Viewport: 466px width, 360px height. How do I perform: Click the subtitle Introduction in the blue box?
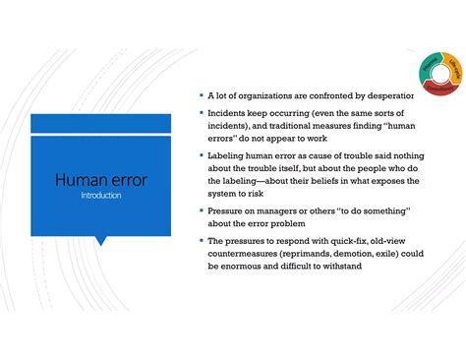coord(101,196)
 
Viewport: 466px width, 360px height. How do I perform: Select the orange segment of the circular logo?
coord(453,69)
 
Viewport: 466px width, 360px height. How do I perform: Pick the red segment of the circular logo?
coord(440,90)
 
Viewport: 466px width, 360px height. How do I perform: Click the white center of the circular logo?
coord(439,76)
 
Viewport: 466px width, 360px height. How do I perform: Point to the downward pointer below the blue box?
coord(101,239)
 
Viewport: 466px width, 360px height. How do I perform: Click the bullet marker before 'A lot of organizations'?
coord(200,96)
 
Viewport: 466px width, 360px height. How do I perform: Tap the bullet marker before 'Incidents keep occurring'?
coord(200,113)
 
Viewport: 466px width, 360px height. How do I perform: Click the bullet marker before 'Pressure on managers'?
coord(200,211)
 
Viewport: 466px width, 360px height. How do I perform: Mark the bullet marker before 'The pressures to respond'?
coord(200,240)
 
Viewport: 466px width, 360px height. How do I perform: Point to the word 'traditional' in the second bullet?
coord(307,126)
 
